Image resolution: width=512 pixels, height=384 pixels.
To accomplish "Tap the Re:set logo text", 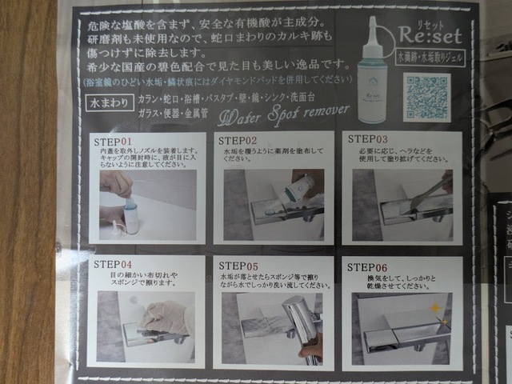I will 425,38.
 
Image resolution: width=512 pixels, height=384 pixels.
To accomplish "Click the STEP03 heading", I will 368,140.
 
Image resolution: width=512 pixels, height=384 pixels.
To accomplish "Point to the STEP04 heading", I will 113,264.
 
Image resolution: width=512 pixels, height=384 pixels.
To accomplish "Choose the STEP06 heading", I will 367,265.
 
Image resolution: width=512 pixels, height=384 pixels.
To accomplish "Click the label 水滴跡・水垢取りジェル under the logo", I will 428,57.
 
